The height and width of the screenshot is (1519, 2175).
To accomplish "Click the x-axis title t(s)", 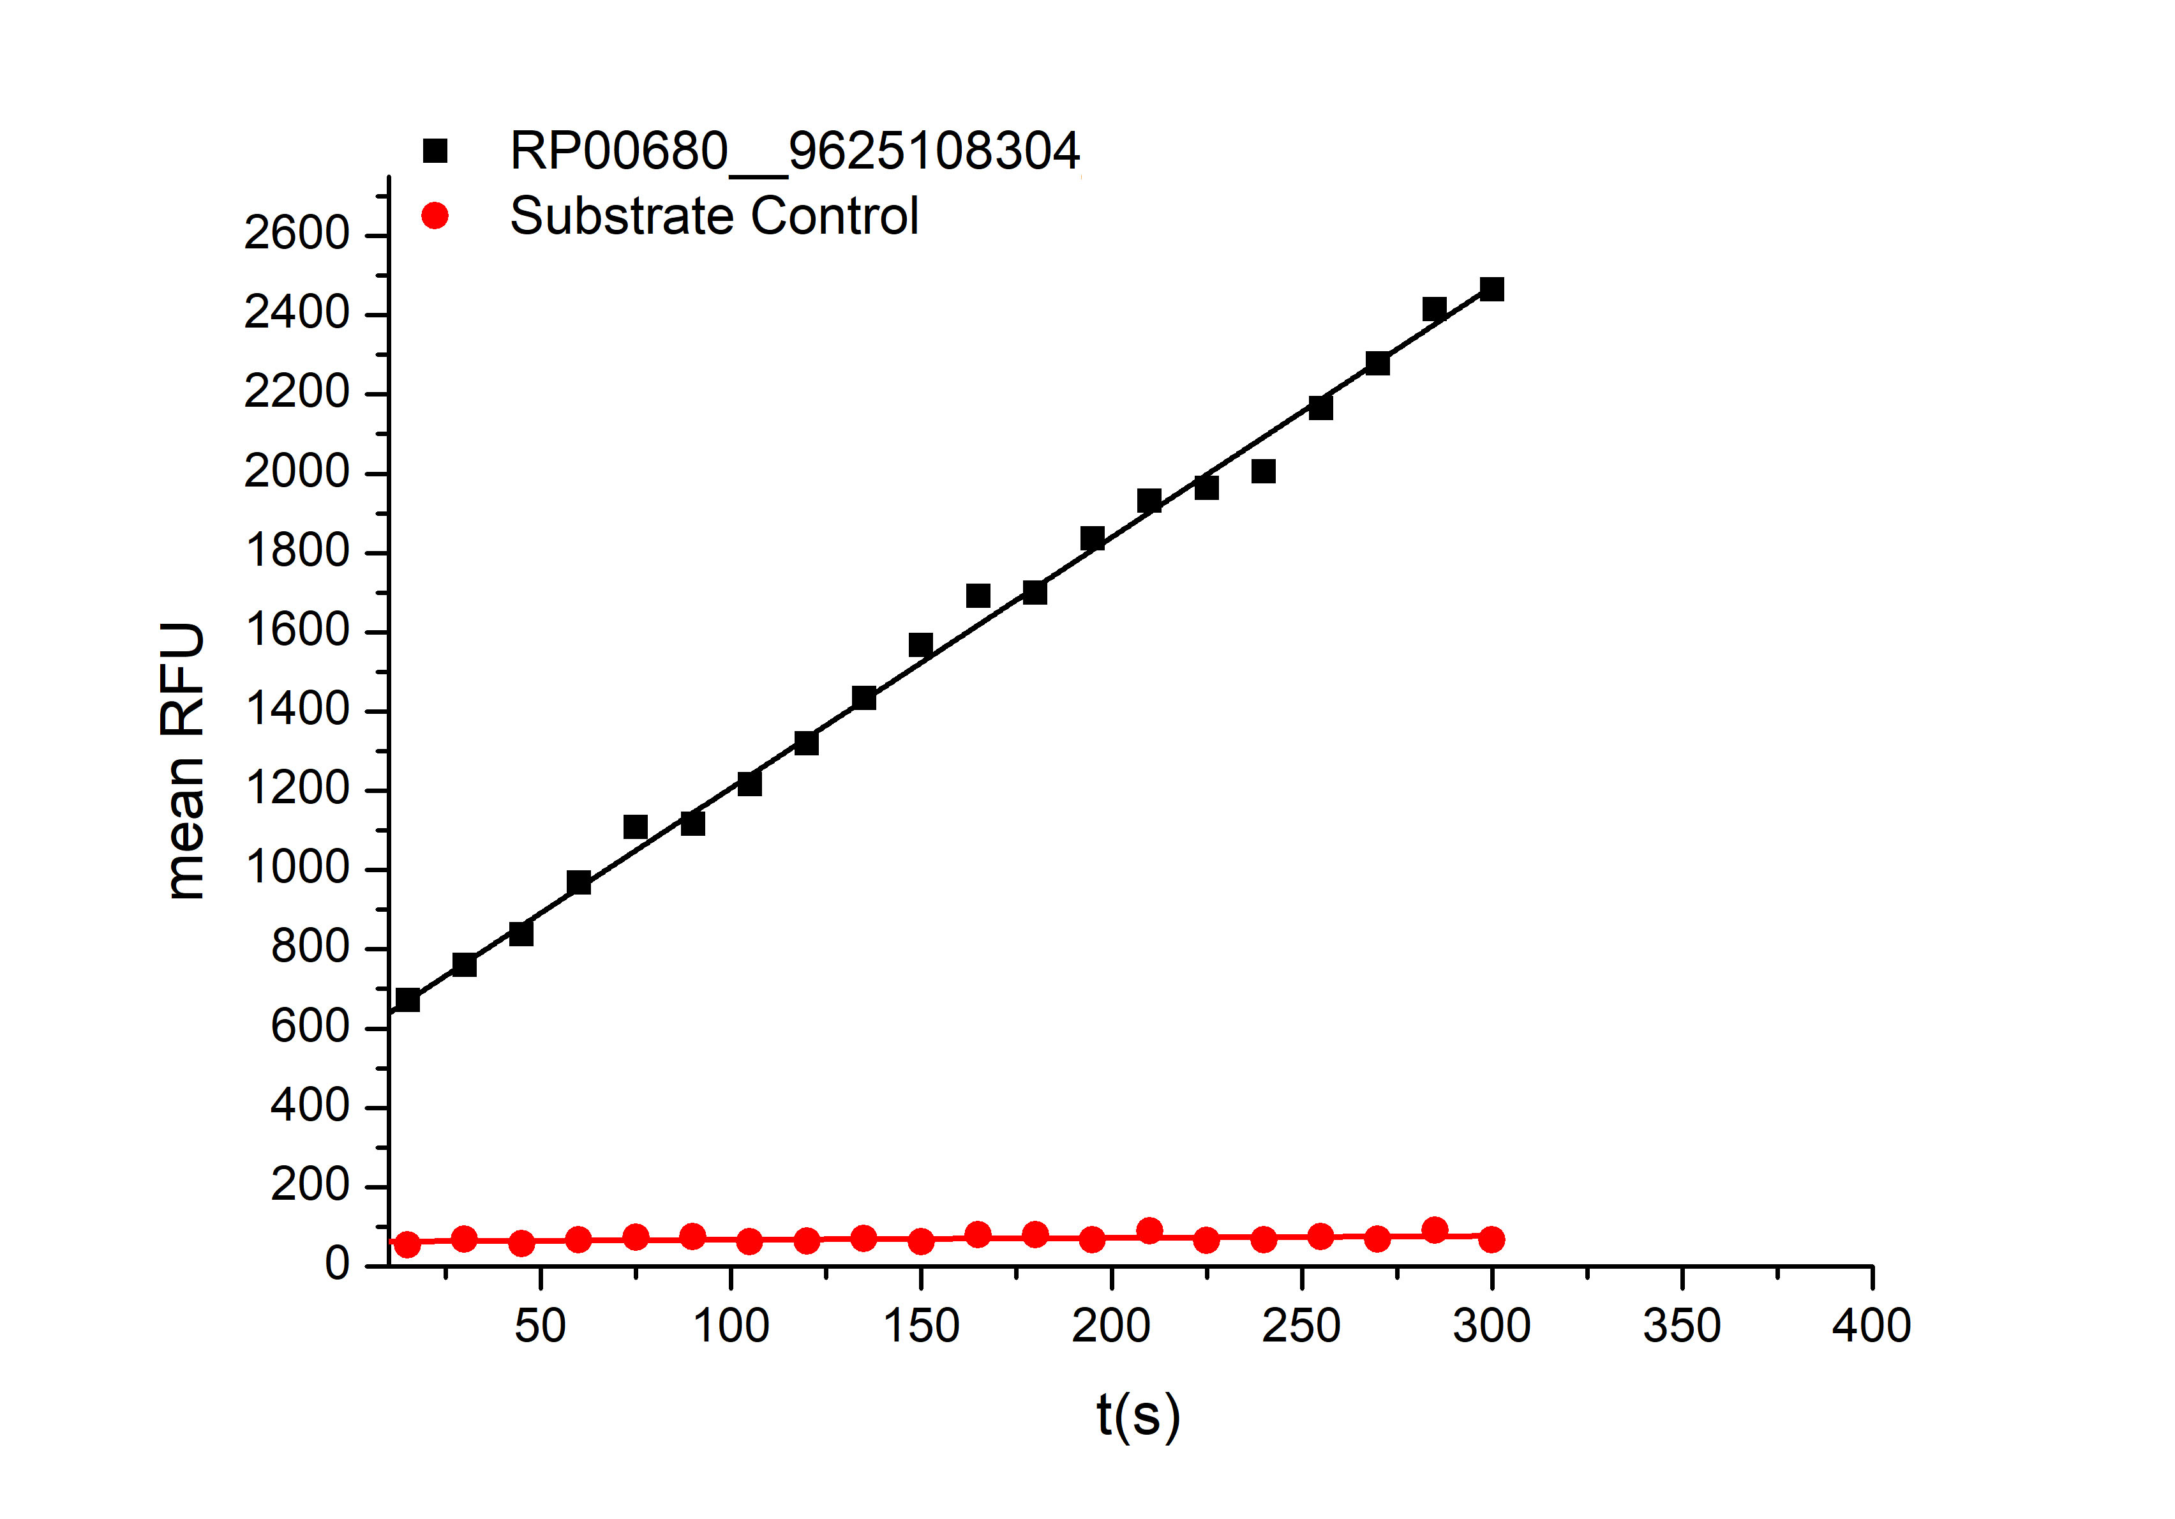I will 1138,1417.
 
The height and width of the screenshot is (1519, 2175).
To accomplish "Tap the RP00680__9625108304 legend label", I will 794,151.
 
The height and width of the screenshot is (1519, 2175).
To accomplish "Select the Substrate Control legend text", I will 714,216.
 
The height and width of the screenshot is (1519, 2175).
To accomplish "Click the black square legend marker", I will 435,151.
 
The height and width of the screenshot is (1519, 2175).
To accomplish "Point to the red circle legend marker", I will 435,216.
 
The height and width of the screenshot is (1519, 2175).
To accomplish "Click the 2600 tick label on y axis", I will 297,234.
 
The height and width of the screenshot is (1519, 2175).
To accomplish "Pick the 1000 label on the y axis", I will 297,868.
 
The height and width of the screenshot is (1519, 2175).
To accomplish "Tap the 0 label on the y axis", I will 336,1264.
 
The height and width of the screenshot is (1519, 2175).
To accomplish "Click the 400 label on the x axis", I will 1871,1326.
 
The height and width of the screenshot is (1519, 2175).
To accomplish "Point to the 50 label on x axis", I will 540,1326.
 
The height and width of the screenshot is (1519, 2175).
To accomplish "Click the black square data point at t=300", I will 1491,289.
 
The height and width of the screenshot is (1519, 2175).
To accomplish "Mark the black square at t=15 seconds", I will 407,1000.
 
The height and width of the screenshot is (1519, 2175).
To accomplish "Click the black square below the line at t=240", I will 1263,471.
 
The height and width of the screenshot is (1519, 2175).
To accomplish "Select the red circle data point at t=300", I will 1491,1239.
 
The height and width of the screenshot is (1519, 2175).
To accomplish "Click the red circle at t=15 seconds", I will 407,1244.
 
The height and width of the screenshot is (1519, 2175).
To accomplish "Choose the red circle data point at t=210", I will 1149,1231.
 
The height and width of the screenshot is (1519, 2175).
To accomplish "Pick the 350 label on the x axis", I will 1682,1326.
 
